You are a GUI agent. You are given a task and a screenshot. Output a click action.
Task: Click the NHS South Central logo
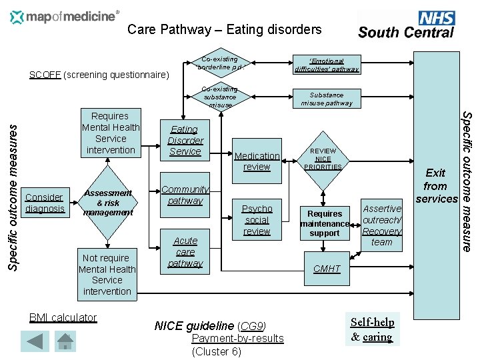pyautogui.click(x=406, y=25)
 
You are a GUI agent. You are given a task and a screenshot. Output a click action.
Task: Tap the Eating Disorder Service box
pyautogui.click(x=185, y=141)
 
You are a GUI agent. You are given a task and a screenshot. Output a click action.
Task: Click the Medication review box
pyautogui.click(x=257, y=161)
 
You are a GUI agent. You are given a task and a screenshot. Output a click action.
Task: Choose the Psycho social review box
pyautogui.click(x=257, y=219)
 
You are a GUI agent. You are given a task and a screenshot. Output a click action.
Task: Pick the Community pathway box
pyautogui.click(x=185, y=195)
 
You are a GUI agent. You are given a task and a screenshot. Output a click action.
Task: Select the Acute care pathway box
pyautogui.click(x=185, y=252)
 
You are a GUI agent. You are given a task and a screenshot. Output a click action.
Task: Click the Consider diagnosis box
pyautogui.click(x=44, y=203)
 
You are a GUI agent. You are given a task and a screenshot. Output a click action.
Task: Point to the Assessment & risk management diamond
pyautogui.click(x=107, y=203)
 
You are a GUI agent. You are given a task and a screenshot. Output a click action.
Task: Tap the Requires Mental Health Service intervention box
pyautogui.click(x=111, y=133)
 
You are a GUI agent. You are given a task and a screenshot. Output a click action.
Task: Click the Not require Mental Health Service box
pyautogui.click(x=107, y=274)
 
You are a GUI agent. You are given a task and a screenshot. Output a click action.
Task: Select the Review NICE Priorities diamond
pyautogui.click(x=323, y=159)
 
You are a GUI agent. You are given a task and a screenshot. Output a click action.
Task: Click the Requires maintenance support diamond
pyautogui.click(x=325, y=223)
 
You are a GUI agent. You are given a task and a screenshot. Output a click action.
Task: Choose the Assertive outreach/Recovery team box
pyautogui.click(x=381, y=225)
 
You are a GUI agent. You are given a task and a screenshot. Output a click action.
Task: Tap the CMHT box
pyautogui.click(x=327, y=269)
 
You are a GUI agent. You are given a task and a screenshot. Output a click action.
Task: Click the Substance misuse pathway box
pyautogui.click(x=327, y=99)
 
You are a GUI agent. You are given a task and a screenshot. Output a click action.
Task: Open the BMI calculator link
pyautogui.click(x=63, y=317)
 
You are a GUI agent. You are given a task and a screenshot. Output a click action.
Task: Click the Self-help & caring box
pyautogui.click(x=373, y=329)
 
